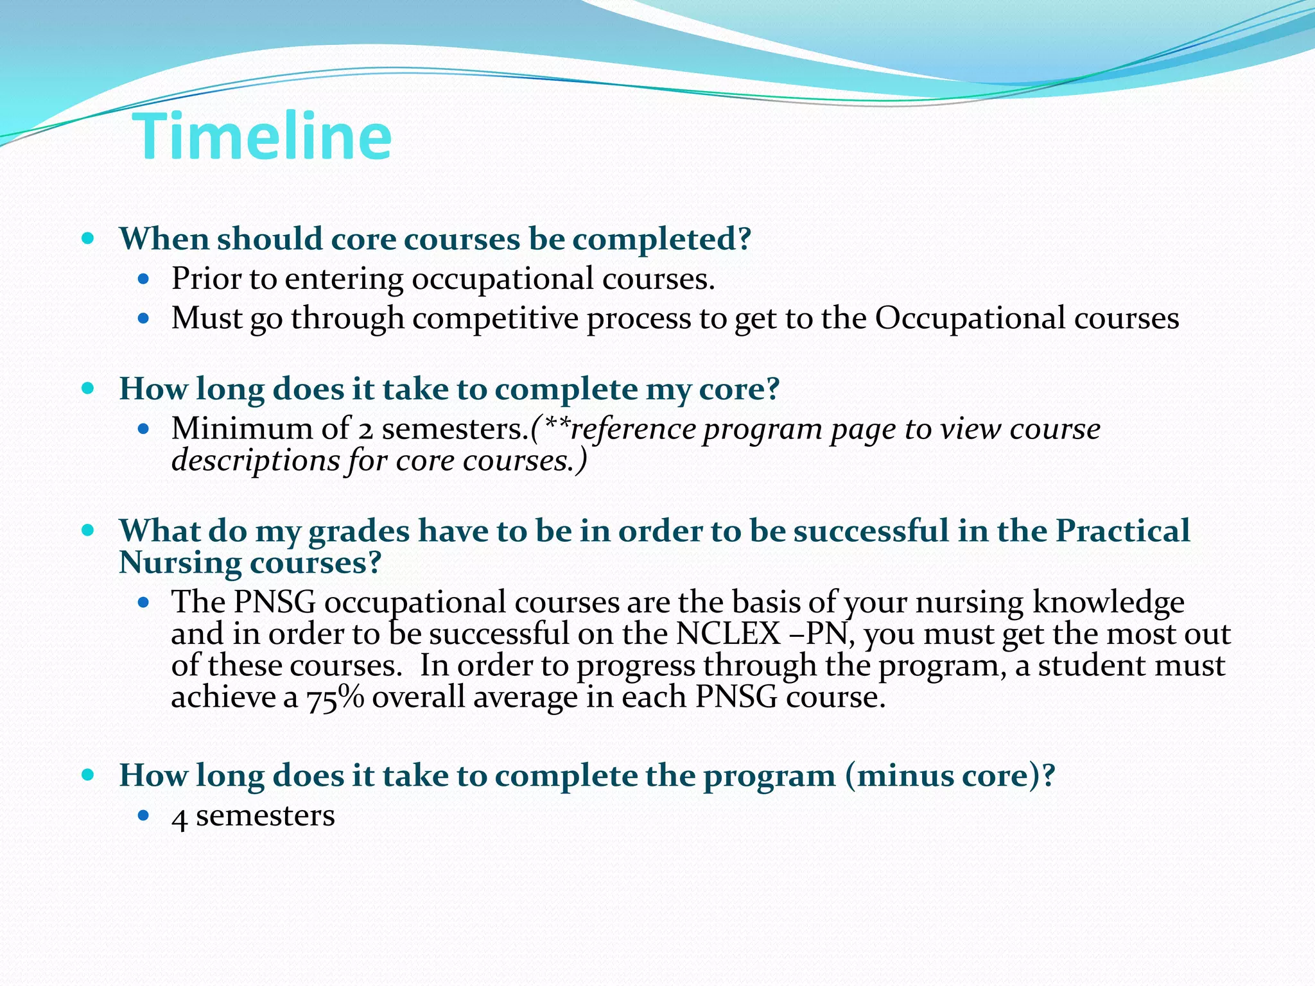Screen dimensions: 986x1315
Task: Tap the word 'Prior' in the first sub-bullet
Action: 205,279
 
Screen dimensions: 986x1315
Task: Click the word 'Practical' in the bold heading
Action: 1122,532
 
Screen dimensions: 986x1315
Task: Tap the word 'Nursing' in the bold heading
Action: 180,563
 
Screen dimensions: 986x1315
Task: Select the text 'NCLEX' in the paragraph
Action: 728,634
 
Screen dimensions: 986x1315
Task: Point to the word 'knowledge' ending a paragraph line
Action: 1108,603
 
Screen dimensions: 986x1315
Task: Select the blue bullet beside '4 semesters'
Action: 144,816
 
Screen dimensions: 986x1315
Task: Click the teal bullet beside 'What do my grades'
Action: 89,531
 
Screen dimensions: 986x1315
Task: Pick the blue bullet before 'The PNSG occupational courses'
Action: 144,603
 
